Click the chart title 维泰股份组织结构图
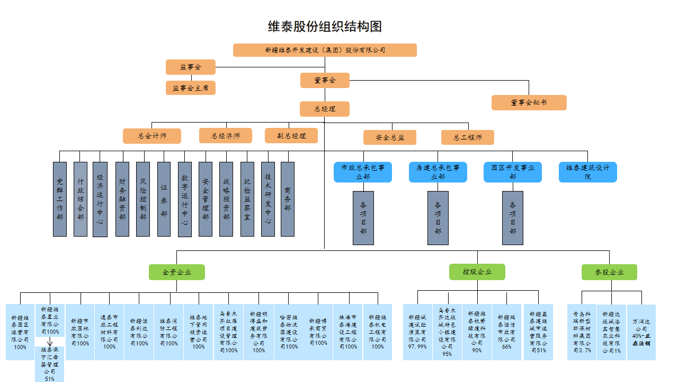(x=325, y=27)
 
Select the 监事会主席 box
(x=191, y=88)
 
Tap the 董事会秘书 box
(x=529, y=102)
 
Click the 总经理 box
(x=325, y=109)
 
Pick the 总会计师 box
(x=152, y=136)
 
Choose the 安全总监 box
(x=390, y=137)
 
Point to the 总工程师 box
(x=468, y=137)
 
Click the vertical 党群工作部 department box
(x=60, y=199)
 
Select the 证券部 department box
(x=164, y=199)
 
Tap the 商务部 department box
(x=288, y=199)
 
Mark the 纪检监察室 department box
(x=247, y=199)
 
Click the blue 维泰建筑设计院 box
(x=587, y=172)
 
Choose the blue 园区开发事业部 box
(x=513, y=172)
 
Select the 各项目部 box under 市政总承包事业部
(x=363, y=218)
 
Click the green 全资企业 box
(x=177, y=272)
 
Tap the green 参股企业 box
(x=609, y=272)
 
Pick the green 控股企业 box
(x=477, y=272)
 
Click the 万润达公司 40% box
(x=641, y=332)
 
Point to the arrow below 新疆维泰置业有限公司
(x=49, y=342)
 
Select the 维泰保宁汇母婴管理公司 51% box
(x=49, y=364)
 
